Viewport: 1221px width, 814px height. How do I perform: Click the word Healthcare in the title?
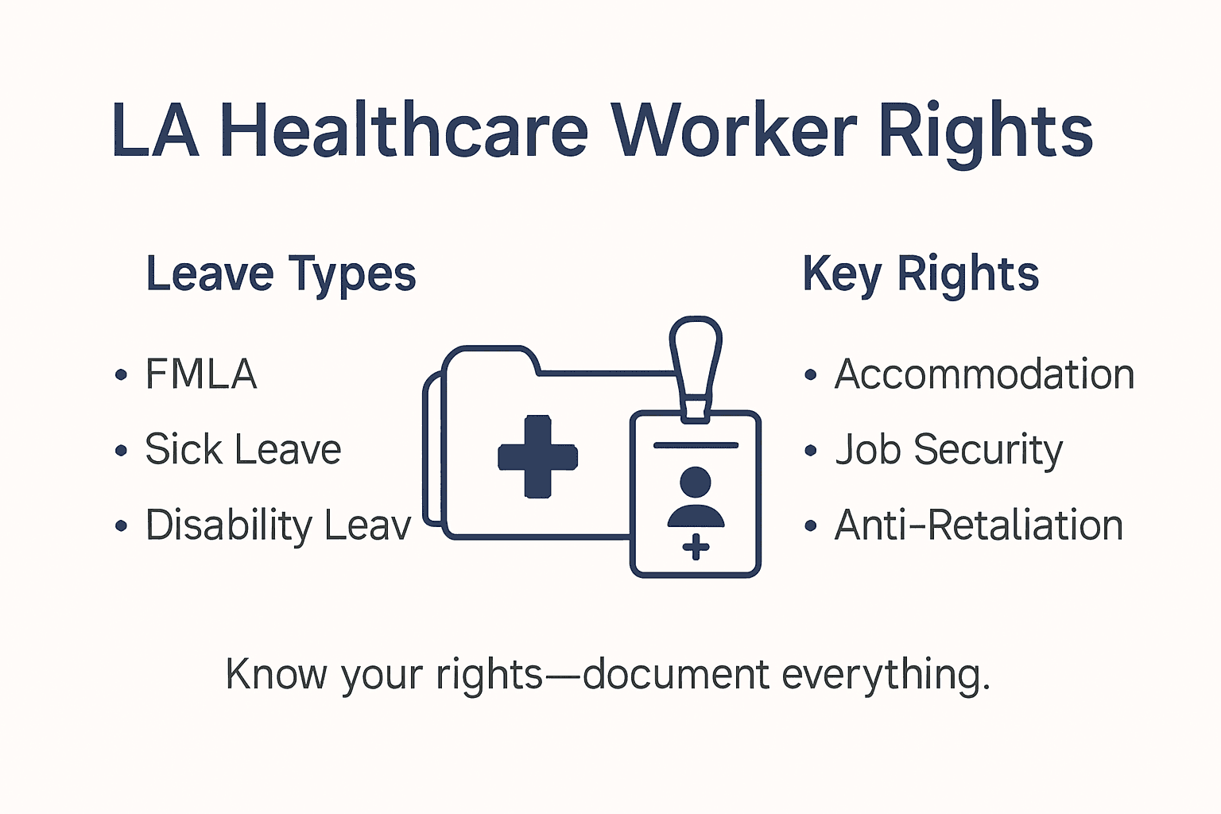404,131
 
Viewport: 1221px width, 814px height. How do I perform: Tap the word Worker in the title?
734,131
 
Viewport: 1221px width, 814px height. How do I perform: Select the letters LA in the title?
155,131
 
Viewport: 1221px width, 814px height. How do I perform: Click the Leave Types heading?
281,275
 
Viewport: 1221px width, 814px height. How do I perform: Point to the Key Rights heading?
921,275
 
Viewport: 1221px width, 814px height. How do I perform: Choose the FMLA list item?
201,374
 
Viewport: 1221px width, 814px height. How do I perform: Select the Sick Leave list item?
242,450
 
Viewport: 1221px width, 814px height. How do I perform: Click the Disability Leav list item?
277,525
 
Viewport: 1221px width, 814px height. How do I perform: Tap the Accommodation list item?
984,374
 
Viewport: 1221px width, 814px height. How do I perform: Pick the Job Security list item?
948,450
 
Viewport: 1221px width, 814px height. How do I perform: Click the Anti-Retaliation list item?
979,525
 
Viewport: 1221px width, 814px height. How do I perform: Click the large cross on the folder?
537,456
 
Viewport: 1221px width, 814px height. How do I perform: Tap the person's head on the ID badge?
696,482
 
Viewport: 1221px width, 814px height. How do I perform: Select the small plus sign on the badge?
696,547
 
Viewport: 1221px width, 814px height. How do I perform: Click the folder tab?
489,359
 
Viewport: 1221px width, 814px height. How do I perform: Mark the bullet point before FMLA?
121,375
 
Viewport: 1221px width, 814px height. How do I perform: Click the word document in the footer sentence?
676,675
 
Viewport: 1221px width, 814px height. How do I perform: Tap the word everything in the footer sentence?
886,675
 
